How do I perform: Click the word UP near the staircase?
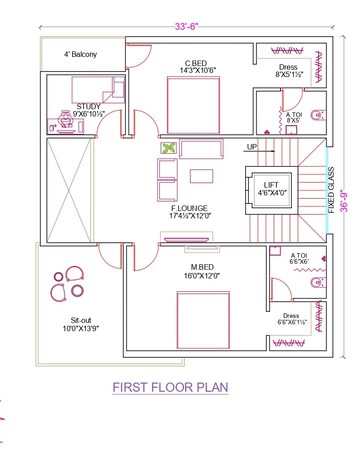click(x=253, y=147)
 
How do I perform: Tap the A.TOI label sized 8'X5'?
click(x=295, y=117)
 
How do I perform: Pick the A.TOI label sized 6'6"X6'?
click(x=299, y=258)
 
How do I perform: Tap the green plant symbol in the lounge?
click(x=167, y=149)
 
